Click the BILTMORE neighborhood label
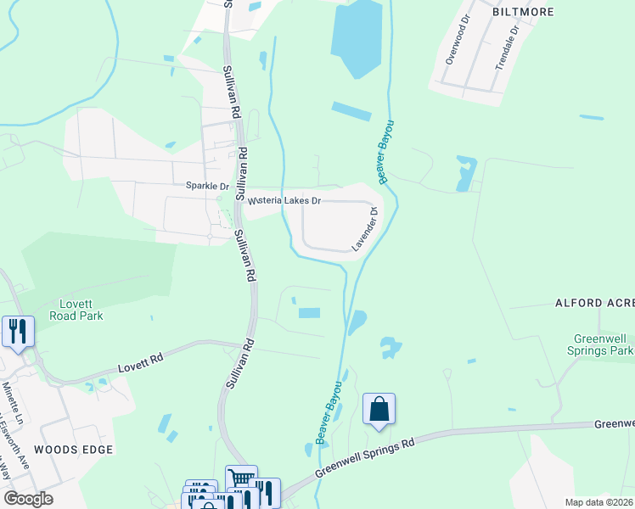point(522,12)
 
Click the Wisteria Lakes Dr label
point(284,201)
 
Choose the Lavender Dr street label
point(365,230)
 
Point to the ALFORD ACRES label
point(594,302)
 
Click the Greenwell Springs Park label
point(603,344)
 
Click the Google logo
point(28,499)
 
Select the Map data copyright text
point(599,502)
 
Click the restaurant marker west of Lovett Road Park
point(17,331)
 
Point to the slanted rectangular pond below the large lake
point(351,111)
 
